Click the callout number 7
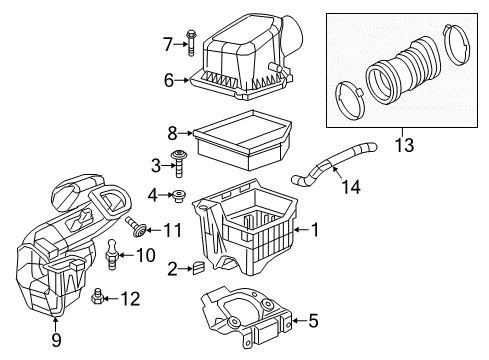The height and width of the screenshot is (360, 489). pos(169,42)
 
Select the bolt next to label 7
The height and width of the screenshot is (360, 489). pos(190,42)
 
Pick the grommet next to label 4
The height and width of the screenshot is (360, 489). pos(181,194)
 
